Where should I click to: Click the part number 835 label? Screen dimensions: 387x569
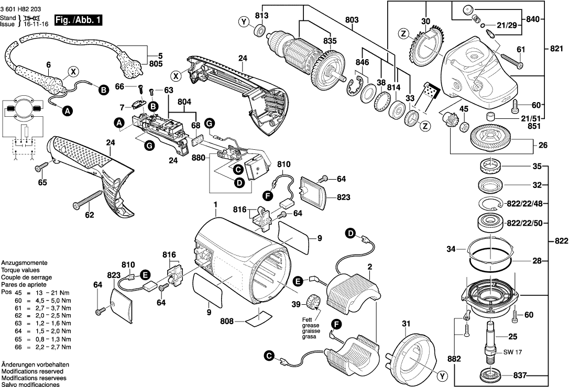[330, 41]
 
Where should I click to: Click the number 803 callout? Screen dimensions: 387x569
[352, 20]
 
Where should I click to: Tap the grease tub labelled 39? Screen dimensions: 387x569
[314, 302]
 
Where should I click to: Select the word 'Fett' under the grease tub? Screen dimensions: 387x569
[307, 319]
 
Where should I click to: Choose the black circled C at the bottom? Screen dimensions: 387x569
[269, 356]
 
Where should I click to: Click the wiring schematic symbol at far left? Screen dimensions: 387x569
[20, 125]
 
